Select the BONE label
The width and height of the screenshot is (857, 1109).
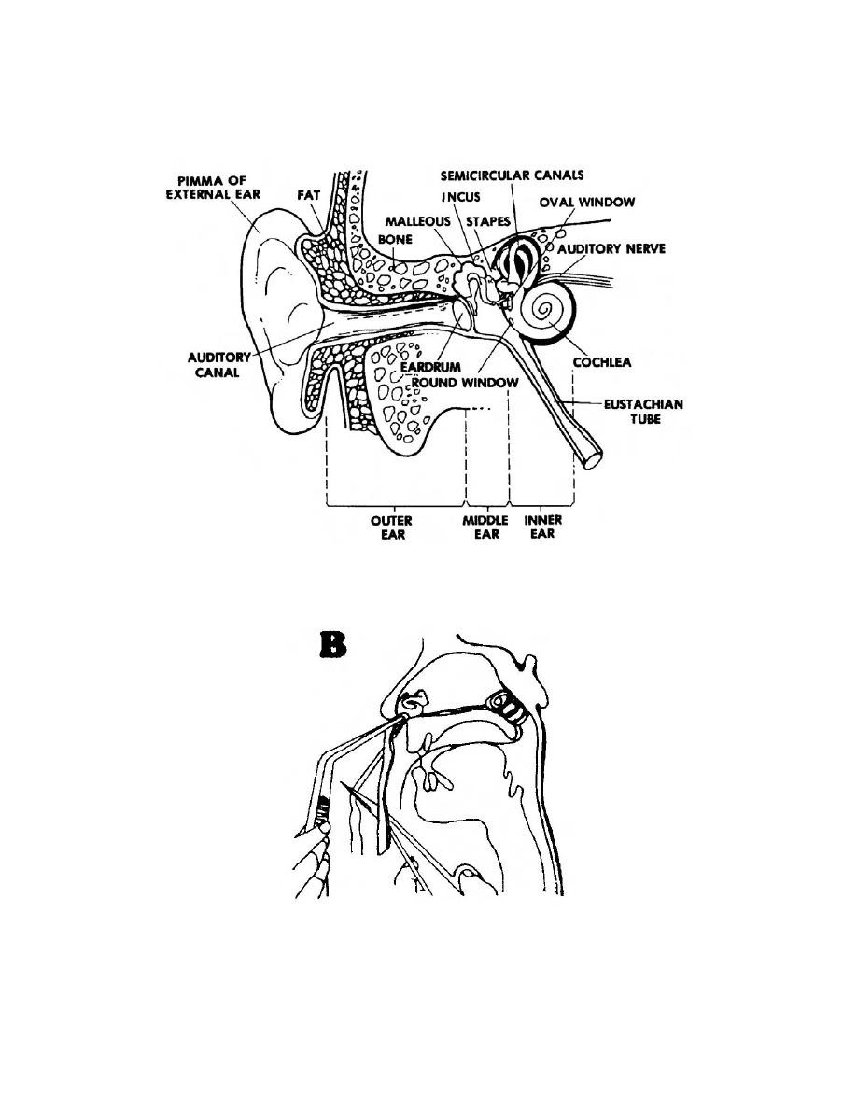396,240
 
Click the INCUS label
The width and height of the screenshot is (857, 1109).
461,198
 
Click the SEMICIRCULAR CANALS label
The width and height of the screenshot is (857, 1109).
513,175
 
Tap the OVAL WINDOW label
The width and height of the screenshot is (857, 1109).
587,201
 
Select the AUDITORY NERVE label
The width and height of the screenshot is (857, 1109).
611,249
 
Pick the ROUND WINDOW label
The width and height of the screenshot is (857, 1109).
480,382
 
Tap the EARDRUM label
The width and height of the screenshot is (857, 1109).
455,368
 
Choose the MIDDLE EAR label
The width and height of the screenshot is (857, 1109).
486,527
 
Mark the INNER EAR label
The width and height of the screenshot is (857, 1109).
542,527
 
